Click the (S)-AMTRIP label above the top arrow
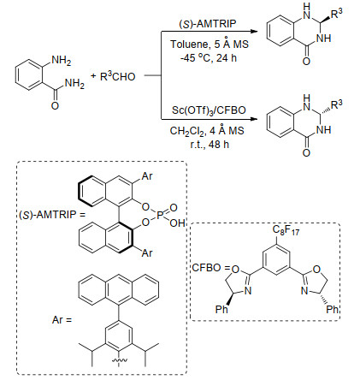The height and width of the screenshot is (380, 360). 208,24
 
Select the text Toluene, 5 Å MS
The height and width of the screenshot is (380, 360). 210,45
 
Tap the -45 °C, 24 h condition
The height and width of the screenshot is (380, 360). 209,58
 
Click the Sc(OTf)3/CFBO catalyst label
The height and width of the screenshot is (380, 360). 209,110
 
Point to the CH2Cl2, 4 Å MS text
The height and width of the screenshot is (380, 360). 207,131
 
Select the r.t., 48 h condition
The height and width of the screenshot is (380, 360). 210,145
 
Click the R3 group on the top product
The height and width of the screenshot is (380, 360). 336,13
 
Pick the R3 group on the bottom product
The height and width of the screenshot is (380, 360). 337,104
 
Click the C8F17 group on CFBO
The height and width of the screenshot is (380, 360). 286,230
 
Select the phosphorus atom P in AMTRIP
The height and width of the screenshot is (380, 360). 159,215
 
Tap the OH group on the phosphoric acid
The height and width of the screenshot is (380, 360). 177,223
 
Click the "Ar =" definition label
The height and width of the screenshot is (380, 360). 62,320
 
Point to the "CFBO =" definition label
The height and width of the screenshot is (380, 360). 210,268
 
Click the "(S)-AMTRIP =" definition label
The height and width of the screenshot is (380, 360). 52,214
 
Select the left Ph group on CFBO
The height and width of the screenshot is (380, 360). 221,309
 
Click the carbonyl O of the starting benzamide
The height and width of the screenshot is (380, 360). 55,106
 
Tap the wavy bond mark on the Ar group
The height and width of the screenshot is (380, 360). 118,361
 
